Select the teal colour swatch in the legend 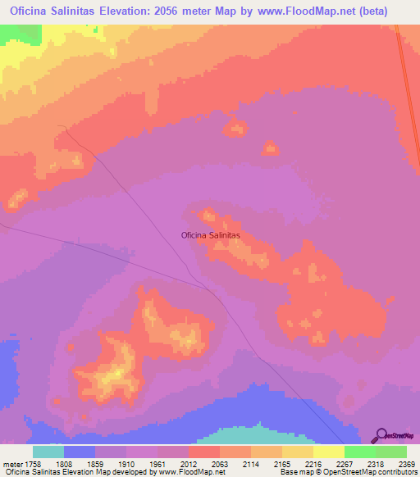tap(48, 451)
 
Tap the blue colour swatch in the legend tap(79, 451)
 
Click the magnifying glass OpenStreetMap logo tap(380, 434)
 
